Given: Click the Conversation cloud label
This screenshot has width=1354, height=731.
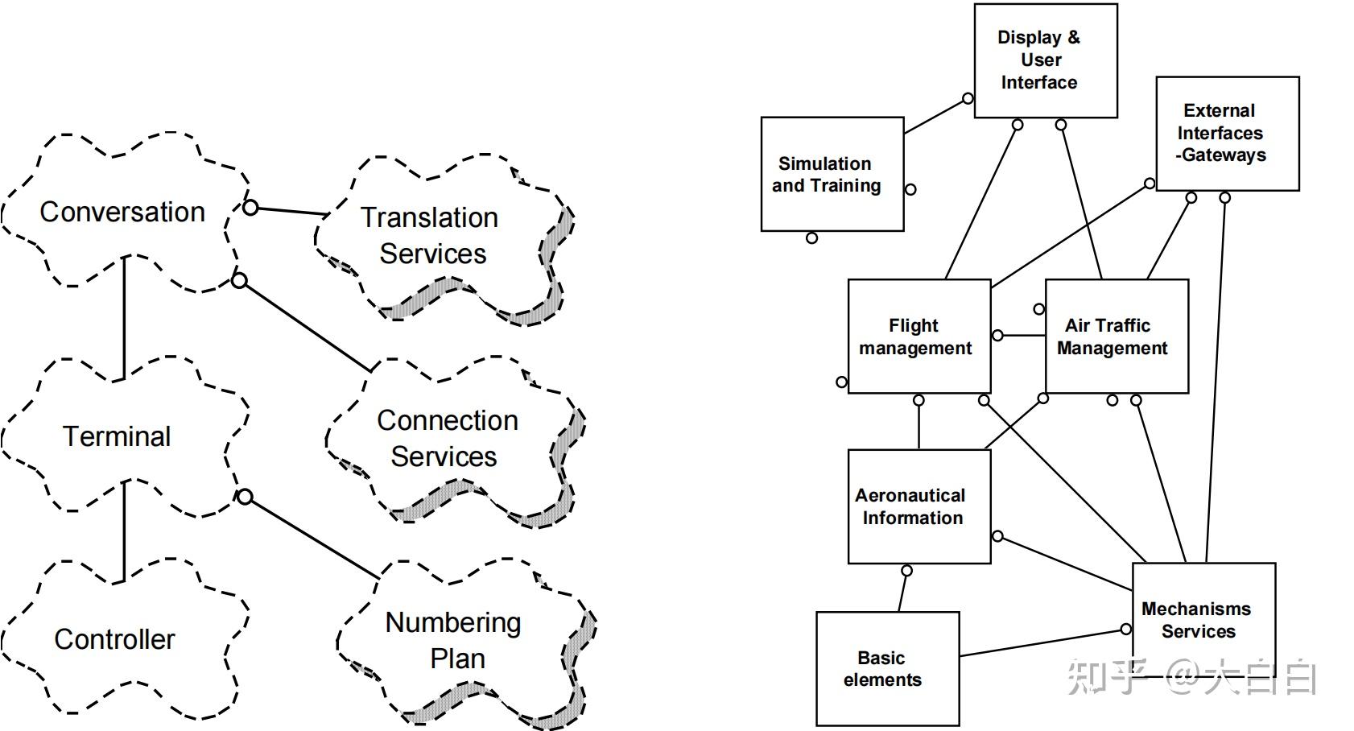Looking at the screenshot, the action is click(122, 213).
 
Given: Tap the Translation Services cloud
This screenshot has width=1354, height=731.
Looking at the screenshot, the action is click(444, 239).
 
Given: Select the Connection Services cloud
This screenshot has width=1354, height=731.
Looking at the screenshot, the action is click(456, 442).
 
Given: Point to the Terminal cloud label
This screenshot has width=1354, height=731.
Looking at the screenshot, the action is click(117, 436).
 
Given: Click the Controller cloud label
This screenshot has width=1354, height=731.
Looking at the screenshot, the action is click(115, 639).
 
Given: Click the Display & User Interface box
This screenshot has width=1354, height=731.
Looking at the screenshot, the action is click(1046, 60).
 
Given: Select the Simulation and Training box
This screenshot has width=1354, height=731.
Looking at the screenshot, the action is click(832, 174).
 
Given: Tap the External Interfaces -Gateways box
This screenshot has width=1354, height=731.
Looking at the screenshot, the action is click(1228, 134).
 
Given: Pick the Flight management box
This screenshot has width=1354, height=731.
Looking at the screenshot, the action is click(919, 337).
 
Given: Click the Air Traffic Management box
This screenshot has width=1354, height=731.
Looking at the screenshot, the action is click(1117, 337).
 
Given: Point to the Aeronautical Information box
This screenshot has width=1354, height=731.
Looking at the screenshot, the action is click(919, 506).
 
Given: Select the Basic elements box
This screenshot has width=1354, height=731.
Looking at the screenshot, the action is click(888, 669).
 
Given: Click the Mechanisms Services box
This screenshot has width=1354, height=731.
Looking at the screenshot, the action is click(1204, 621).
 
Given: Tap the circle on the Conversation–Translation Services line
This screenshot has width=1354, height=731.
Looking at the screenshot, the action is click(250, 208).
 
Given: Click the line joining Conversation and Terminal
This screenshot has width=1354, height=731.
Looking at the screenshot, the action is click(125, 318).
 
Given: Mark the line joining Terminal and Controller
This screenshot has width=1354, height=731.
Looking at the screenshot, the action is click(125, 531).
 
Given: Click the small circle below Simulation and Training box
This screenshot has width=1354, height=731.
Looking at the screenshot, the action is click(811, 238).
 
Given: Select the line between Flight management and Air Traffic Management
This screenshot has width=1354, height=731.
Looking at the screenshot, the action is click(1024, 336).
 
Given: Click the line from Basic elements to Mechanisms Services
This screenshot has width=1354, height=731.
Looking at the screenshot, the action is click(1040, 642).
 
